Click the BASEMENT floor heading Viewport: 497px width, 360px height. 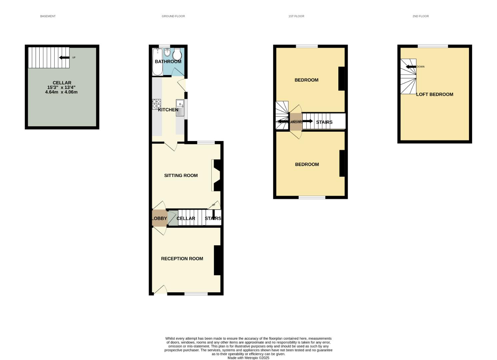48,16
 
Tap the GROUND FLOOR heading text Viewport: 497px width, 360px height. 173,16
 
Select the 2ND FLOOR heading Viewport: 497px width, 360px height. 420,16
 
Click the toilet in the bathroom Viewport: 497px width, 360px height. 177,54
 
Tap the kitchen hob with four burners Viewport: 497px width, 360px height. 157,104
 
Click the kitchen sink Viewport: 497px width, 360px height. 180,107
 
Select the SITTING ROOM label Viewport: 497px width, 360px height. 181,175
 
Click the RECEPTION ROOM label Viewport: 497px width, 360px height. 182,259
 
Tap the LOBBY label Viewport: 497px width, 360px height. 159,218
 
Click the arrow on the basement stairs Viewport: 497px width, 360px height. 64,57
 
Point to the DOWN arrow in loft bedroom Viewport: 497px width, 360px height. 411,67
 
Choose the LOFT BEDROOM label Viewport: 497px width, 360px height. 434,94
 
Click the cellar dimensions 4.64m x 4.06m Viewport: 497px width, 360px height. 61,92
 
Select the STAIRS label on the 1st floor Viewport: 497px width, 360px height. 324,122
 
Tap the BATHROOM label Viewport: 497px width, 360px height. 168,62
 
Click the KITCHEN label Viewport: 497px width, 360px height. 168,110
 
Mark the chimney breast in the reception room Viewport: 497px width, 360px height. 217,260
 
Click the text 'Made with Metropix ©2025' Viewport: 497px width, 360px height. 248,358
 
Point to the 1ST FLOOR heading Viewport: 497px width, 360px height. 296,16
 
